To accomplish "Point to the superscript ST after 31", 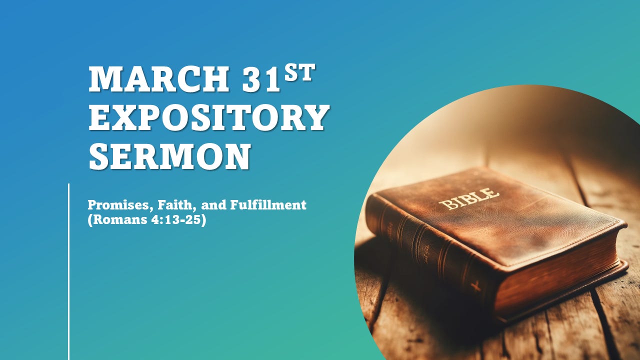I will click(299, 73).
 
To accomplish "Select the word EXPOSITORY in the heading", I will click(209, 117).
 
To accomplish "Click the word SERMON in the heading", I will click(169, 156).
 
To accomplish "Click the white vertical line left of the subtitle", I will click(68, 270).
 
